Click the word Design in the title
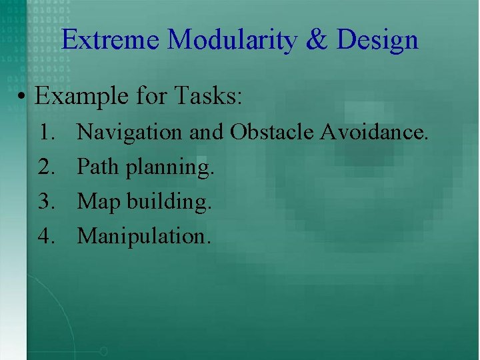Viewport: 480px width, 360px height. click(x=377, y=41)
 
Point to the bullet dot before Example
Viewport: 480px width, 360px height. click(x=23, y=97)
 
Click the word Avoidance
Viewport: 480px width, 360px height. click(x=374, y=132)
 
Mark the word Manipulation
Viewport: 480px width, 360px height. click(x=144, y=236)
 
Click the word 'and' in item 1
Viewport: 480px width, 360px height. click(x=206, y=132)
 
